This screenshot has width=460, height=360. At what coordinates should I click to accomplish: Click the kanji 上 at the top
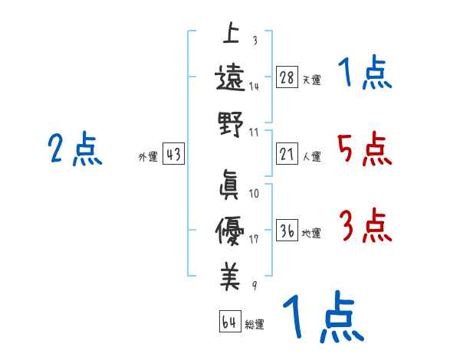230,35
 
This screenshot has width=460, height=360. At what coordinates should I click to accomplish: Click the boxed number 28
287,77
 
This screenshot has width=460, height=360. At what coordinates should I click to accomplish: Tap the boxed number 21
287,155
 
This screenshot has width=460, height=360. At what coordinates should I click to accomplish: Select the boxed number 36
287,231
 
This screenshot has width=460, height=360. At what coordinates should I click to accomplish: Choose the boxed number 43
173,155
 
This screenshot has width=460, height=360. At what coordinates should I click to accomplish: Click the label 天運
311,80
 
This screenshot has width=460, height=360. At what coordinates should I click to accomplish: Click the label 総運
254,324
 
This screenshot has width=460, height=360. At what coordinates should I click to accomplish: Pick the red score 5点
364,149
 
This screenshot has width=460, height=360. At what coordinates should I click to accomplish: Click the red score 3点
364,227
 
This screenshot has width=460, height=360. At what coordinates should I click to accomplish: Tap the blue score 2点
74,149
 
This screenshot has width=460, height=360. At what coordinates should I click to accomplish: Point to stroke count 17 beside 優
255,238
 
